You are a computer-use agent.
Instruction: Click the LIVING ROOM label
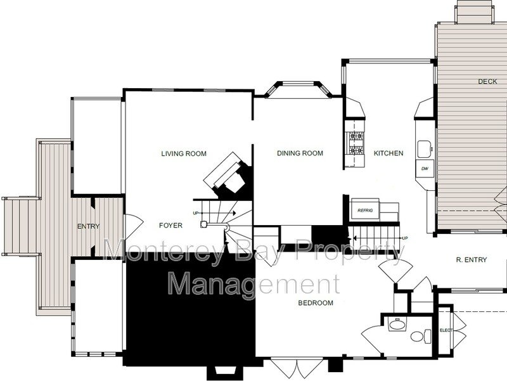pos(184,153)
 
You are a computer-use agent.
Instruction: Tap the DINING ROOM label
pos(300,153)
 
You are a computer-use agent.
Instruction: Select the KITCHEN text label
pos(388,153)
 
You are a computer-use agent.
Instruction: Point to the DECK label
pos(487,82)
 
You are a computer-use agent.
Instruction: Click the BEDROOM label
pos(316,303)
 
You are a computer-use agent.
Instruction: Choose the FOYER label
pos(170,226)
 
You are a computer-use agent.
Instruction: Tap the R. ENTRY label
pos(471,260)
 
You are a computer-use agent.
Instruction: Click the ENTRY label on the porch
pos(88,226)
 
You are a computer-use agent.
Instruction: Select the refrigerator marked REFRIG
pos(365,210)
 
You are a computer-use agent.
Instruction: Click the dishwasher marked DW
pos(425,169)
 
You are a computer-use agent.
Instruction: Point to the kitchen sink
pos(425,149)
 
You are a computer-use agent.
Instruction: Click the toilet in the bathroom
pos(421,336)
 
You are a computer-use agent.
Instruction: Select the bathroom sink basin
pos(397,324)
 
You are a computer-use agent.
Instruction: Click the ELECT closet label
pos(446,330)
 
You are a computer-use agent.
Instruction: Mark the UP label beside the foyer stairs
pos(195,213)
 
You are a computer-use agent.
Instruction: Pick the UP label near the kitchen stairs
pos(404,238)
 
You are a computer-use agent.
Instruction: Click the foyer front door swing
pos(134,225)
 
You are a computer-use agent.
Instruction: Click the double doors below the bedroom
pos(297,368)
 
